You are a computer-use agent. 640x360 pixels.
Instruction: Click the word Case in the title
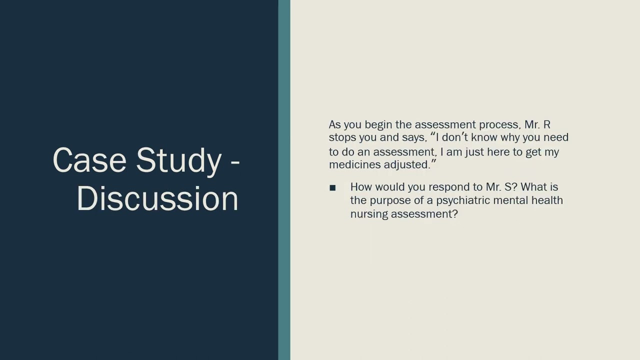click(90, 160)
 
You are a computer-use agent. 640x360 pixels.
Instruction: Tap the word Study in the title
click(178, 160)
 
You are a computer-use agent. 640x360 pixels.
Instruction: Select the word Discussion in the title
click(157, 198)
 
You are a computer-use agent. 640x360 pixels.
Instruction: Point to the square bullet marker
click(332, 187)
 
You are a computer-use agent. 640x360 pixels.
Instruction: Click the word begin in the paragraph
click(378, 124)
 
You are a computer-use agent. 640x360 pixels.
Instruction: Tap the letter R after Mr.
click(546, 124)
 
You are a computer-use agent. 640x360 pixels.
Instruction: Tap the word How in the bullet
click(361, 187)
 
